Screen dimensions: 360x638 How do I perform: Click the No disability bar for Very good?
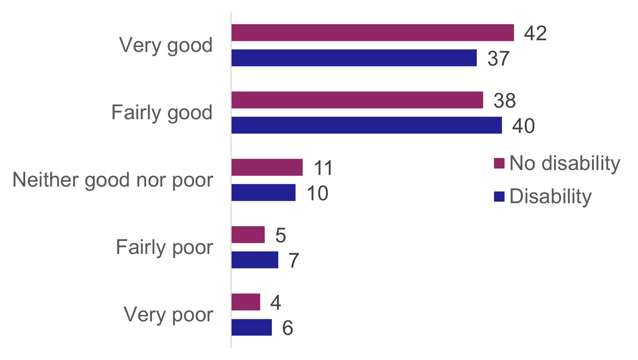(x=372, y=33)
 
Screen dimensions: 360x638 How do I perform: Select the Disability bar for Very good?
(x=354, y=58)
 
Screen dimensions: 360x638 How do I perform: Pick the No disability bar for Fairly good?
(x=357, y=100)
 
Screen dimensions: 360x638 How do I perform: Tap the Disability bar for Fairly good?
(x=367, y=125)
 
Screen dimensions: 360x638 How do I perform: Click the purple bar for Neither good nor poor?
(x=267, y=167)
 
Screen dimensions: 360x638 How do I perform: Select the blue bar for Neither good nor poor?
(x=263, y=193)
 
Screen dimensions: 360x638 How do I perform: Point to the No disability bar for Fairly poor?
(x=248, y=235)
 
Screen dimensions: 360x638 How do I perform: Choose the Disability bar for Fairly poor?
(x=255, y=260)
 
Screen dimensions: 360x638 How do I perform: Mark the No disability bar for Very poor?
(x=246, y=302)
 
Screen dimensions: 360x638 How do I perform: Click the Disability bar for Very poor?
(x=252, y=327)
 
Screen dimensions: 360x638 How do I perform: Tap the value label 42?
(x=535, y=33)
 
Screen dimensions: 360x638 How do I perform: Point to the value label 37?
(x=498, y=59)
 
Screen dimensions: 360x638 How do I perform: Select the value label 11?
(x=323, y=168)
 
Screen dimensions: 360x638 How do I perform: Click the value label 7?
(x=294, y=260)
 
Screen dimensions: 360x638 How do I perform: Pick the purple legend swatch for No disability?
(x=499, y=163)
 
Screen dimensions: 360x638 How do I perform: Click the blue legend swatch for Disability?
(x=499, y=196)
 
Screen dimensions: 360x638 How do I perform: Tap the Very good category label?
(x=166, y=46)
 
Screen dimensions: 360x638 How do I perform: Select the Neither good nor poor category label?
(x=113, y=180)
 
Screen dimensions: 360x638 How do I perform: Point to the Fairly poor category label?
(x=164, y=247)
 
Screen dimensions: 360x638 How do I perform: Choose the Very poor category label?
(x=168, y=314)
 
